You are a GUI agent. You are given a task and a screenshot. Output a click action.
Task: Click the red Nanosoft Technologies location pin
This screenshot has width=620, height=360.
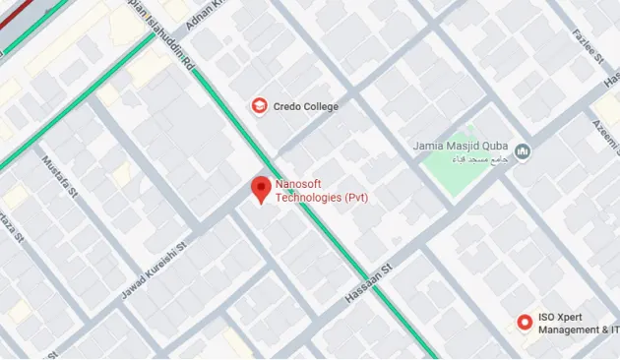[260, 188]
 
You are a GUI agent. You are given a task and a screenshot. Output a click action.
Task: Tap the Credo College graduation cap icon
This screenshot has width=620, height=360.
[259, 105]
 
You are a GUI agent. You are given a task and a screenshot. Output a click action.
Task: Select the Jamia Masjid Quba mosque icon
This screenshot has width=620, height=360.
[523, 150]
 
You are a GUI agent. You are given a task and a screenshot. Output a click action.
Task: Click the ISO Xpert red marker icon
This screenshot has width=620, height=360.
[524, 322]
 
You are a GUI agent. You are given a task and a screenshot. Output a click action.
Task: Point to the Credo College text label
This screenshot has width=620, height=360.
[305, 106]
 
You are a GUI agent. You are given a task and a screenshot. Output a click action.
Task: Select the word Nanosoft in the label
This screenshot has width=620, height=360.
[301, 184]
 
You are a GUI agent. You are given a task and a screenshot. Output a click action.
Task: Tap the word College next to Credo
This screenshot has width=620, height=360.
[321, 106]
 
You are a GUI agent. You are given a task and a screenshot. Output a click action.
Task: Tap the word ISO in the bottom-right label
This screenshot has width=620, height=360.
[546, 319]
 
